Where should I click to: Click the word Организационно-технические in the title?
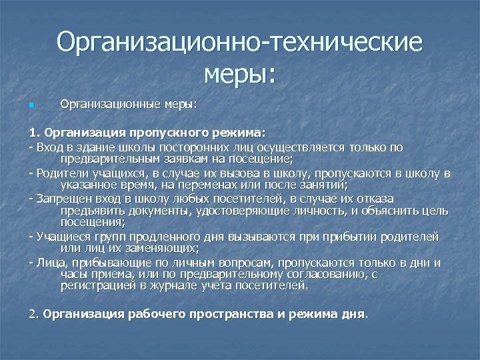tap(239, 43)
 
